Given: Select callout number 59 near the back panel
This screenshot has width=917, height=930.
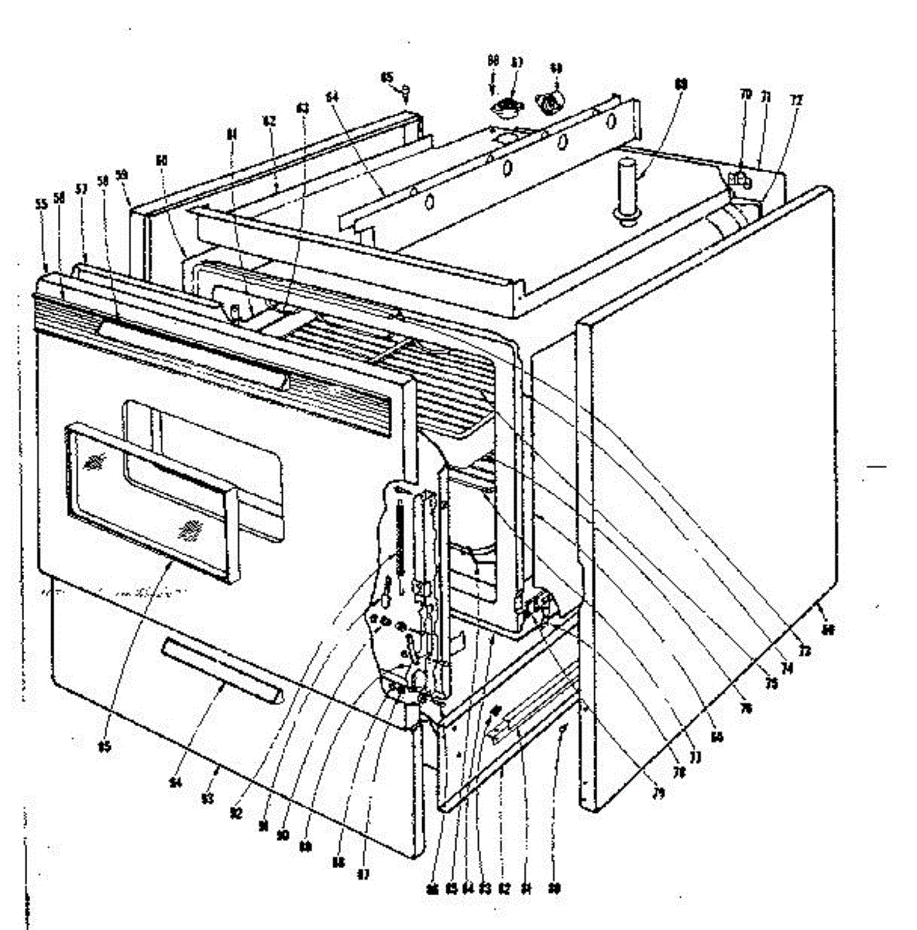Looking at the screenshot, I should click(122, 175).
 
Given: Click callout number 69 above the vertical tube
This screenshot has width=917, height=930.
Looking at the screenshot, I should click(681, 83).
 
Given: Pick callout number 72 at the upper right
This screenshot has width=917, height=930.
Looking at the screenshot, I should click(796, 100).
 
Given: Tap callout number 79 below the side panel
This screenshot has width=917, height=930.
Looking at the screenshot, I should click(659, 793).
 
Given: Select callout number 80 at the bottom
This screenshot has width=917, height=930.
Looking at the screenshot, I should click(555, 888).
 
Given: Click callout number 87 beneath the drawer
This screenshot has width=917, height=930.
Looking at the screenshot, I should click(363, 875).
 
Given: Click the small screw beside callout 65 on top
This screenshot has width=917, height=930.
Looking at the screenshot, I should click(406, 92).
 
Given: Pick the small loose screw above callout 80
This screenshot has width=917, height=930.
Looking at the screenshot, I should click(563, 727).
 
